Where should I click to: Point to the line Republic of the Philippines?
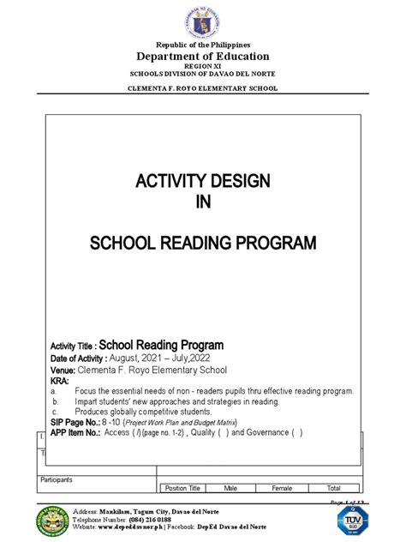pos(203,44)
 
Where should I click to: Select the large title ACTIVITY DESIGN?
pos(203,181)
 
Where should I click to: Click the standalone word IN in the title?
pos(203,202)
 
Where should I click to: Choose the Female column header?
pos(282,488)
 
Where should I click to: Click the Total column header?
pos(334,488)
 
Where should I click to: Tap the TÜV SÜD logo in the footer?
pos(349,520)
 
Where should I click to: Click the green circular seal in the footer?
pos(53,521)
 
